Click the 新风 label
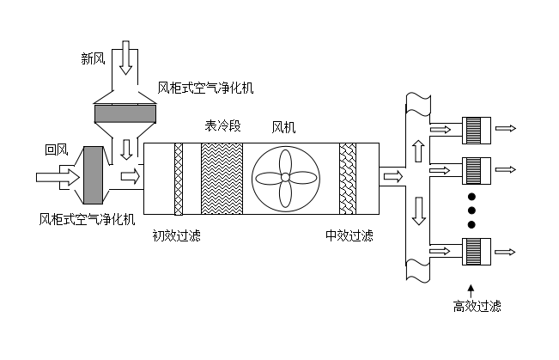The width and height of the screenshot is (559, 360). [94, 58]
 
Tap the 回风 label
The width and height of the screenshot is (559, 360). [56, 149]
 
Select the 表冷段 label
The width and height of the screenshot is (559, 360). [222, 126]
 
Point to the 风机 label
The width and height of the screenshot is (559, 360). [283, 128]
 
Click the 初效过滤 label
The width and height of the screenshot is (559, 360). [176, 235]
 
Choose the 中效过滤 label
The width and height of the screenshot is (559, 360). [349, 235]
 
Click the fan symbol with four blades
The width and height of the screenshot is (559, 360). [286, 178]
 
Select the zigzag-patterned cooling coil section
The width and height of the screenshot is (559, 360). [222, 178]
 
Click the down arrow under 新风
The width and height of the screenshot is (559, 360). [125, 58]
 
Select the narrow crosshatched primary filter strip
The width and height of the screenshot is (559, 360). [179, 178]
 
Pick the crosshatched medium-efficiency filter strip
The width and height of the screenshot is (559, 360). [348, 178]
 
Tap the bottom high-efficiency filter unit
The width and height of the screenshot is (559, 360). [475, 251]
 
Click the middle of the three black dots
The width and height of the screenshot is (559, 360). [471, 209]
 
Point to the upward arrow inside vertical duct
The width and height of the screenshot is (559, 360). [418, 150]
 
